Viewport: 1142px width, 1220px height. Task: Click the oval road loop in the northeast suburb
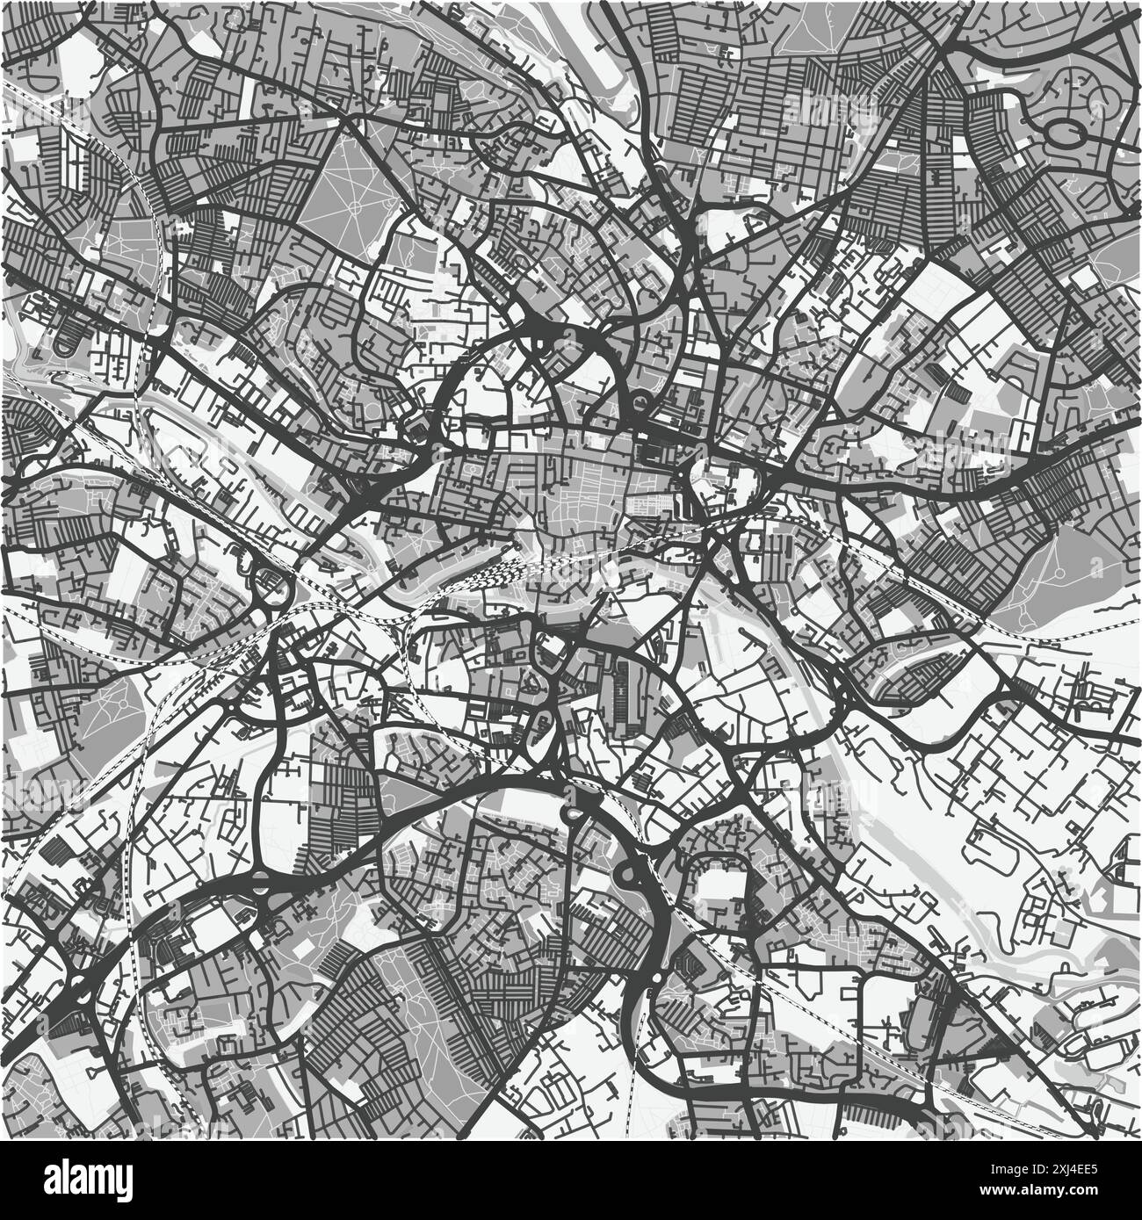[x=1065, y=134]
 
